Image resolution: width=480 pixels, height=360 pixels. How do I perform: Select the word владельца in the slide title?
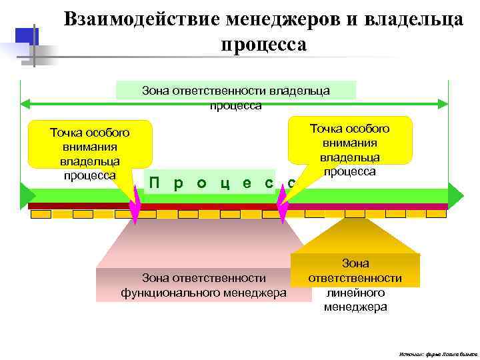[x=413, y=19]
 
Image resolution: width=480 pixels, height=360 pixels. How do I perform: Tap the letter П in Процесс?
[x=154, y=183]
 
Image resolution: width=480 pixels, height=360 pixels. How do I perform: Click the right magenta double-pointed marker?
[x=282, y=204]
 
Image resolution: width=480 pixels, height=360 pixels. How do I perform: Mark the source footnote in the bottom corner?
[x=434, y=353]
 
